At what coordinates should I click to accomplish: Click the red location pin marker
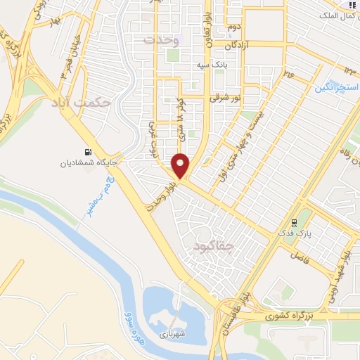click(181, 166)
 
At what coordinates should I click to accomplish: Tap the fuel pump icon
click(87, 151)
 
